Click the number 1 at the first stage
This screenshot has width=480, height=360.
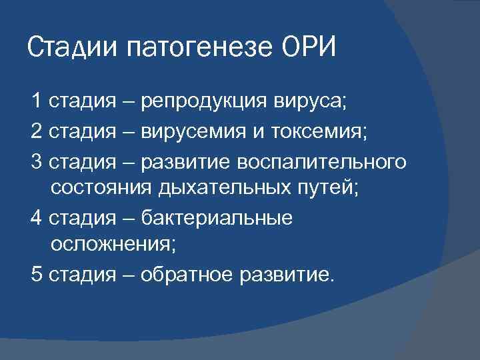click(x=36, y=101)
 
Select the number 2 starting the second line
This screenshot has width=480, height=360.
click(x=36, y=131)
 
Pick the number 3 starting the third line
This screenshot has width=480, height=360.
click(x=36, y=161)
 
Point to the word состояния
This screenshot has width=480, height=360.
click(x=101, y=187)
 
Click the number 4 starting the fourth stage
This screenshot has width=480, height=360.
click(x=36, y=218)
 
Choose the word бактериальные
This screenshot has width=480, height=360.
click(x=217, y=218)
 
